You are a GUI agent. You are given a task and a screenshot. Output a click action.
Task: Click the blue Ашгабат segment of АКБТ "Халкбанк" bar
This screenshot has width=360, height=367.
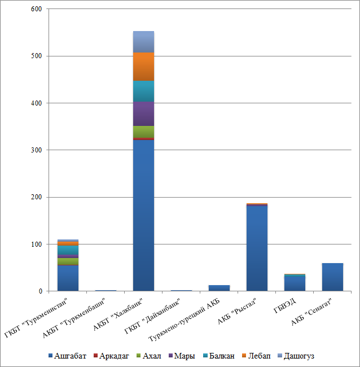coord(143,237)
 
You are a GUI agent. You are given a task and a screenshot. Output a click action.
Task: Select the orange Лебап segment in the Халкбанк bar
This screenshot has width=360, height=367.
coord(143,67)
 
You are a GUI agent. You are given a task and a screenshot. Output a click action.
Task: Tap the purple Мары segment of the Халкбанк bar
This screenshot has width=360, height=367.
coord(143,113)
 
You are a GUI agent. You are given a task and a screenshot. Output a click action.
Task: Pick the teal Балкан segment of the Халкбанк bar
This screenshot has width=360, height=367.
coord(143,91)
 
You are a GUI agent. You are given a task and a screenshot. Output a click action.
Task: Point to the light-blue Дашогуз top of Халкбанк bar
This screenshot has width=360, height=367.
coord(143,42)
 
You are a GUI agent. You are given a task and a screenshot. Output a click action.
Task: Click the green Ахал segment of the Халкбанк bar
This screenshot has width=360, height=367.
coord(143,131)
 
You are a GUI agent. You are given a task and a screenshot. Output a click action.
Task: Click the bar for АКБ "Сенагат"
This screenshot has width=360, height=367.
coord(332,277)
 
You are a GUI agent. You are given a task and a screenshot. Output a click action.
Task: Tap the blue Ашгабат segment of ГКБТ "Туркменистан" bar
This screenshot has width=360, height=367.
coord(68,278)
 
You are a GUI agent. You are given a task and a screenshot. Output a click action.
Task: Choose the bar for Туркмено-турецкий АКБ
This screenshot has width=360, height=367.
coord(219,288)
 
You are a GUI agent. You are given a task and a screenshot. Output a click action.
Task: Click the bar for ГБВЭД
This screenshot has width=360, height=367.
coord(295,283)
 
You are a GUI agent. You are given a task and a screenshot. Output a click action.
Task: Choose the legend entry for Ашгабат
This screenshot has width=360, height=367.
coord(70,356)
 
